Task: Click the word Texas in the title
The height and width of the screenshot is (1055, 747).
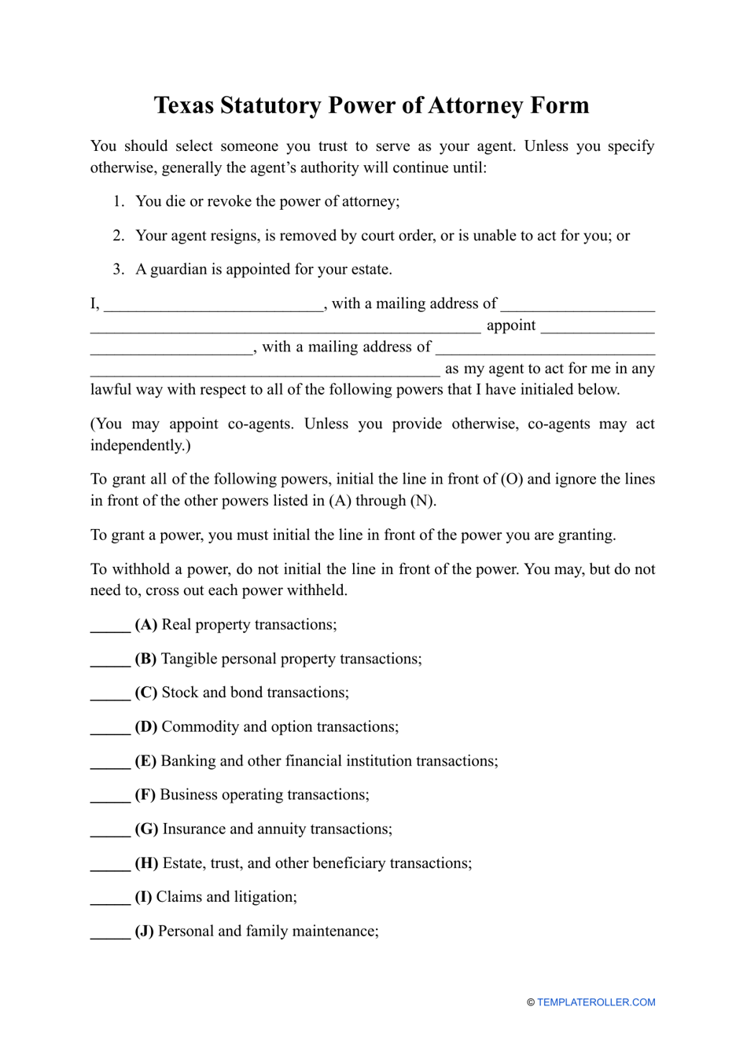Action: (183, 105)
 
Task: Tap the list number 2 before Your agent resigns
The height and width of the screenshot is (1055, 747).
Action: (118, 236)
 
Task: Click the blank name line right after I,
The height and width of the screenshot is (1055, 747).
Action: (213, 306)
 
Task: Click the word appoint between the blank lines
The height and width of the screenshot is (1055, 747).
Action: (511, 325)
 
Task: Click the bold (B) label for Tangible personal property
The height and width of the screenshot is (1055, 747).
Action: (145, 659)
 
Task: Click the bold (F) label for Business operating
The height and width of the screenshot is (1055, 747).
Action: (145, 795)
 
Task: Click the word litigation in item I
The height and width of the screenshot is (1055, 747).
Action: (260, 897)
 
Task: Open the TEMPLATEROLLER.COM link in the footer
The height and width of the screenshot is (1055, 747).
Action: (596, 1002)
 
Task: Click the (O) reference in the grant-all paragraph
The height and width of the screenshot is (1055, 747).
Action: (512, 480)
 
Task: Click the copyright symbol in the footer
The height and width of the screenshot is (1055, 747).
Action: (531, 1002)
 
